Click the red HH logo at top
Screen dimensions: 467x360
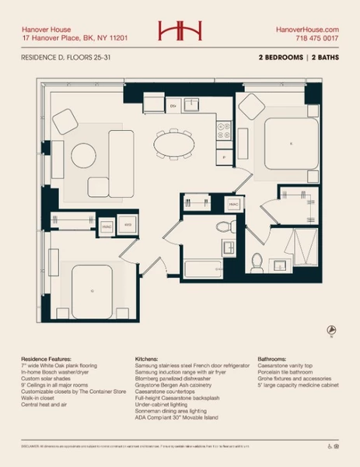click(180, 30)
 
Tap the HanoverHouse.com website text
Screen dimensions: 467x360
click(307, 28)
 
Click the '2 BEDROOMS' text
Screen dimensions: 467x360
click(281, 58)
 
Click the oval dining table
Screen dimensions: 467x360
click(177, 144)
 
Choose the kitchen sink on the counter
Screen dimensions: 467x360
click(191, 106)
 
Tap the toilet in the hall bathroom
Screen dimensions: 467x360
click(225, 227)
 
